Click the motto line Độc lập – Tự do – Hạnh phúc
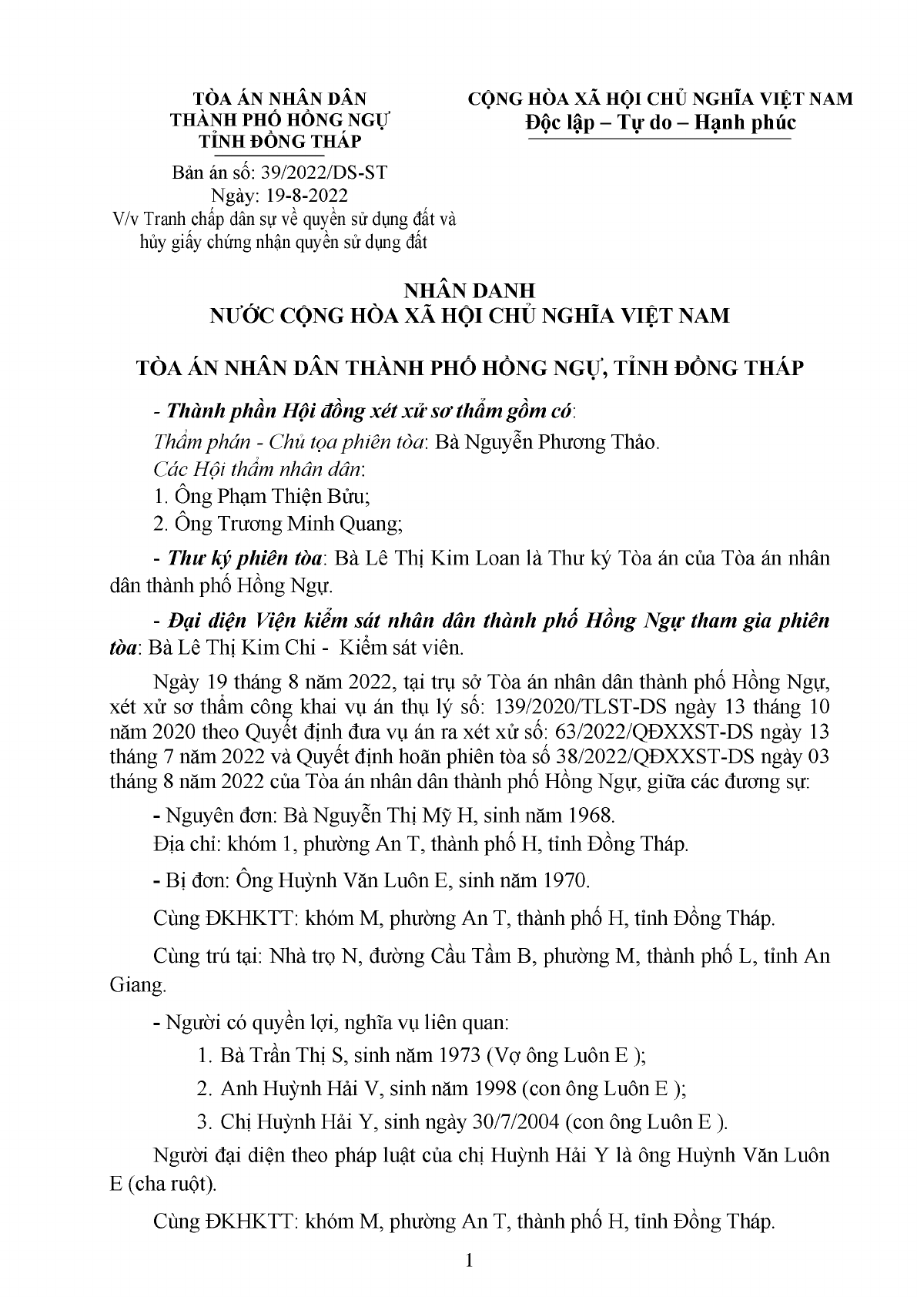(661, 123)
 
